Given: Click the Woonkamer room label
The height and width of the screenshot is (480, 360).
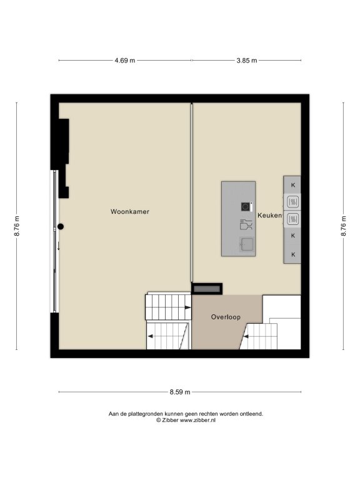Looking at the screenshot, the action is tap(130, 211).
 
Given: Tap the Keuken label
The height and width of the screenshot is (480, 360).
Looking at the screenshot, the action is tap(269, 215).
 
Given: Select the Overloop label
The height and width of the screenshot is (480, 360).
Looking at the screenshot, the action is tap(226, 317).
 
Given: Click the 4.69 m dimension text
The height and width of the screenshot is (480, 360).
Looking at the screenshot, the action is tap(125, 60).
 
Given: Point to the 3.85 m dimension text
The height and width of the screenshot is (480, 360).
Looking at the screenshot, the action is tap(247, 60).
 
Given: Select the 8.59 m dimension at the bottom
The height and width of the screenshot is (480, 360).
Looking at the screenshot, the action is tap(180, 392).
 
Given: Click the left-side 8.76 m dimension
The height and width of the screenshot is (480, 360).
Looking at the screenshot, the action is tap(16, 226).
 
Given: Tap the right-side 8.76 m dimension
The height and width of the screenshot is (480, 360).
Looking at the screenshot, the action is tap(344, 226).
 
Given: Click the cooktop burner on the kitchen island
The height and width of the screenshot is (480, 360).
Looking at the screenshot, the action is tap(245, 207).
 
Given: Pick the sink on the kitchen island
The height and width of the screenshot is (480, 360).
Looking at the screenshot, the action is tap(246, 244).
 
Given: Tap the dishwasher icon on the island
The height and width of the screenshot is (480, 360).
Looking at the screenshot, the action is tap(246, 224).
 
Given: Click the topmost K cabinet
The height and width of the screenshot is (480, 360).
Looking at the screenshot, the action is tap(292, 185).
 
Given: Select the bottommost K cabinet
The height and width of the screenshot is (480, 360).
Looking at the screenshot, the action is tap(292, 254).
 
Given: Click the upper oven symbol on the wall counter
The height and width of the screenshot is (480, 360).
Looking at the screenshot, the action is tap(292, 202).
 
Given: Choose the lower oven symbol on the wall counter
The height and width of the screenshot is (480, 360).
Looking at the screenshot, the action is tap(292, 219).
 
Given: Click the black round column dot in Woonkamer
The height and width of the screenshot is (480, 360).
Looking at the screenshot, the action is tap(61, 226).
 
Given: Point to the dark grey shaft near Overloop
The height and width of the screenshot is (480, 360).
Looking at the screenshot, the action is tap(207, 289).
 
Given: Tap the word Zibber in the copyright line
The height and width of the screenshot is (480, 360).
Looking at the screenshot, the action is tap(170, 420).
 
